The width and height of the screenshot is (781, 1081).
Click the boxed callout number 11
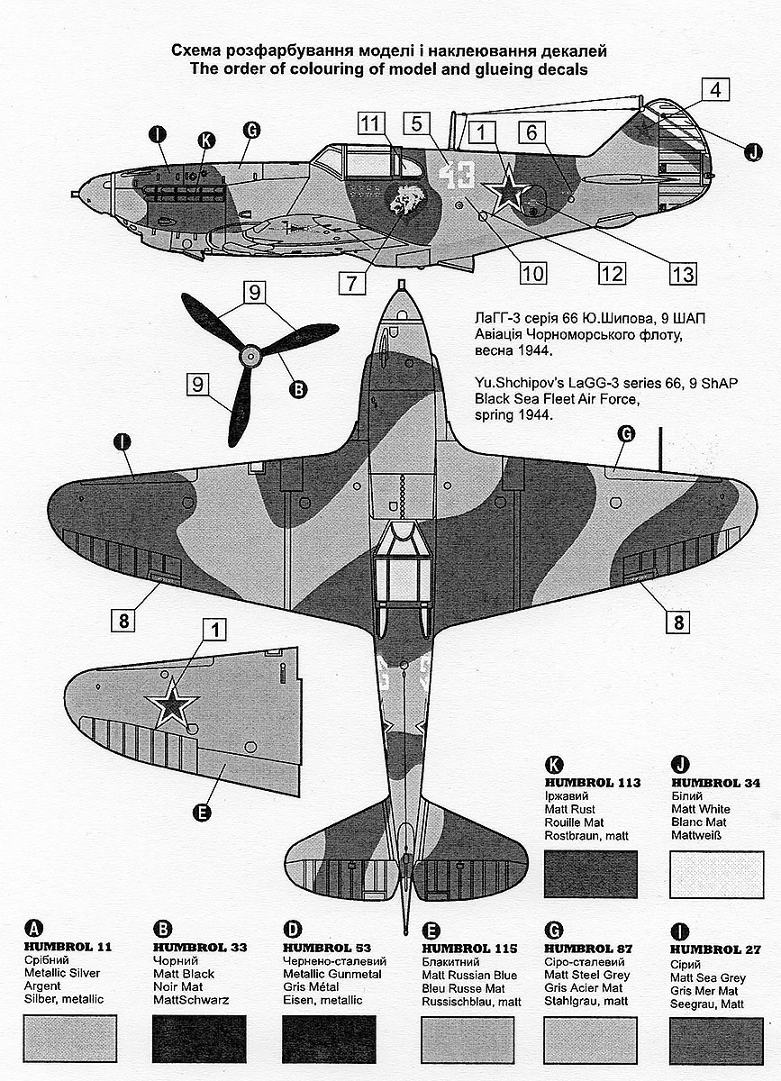tap(370, 123)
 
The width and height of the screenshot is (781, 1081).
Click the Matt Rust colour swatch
tap(591, 873)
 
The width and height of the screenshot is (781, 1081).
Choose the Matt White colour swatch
tap(717, 873)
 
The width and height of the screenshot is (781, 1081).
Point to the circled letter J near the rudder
tap(751, 152)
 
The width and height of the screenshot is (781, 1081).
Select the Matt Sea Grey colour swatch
tap(717, 1039)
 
